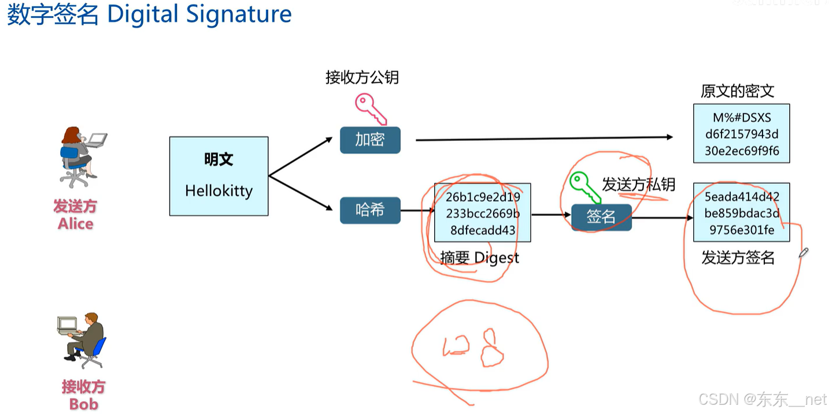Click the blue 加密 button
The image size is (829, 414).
pyautogui.click(x=370, y=140)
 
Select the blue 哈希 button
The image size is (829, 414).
pyautogui.click(x=370, y=210)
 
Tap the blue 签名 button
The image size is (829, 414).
pyautogui.click(x=601, y=217)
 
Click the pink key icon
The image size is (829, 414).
pyautogui.click(x=370, y=109)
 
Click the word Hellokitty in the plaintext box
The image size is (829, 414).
pyautogui.click(x=219, y=191)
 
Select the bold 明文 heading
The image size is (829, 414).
pyautogui.click(x=219, y=159)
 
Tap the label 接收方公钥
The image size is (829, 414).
pyautogui.click(x=362, y=77)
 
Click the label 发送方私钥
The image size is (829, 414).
pyautogui.click(x=639, y=184)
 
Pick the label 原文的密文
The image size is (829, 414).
pyautogui.click(x=737, y=91)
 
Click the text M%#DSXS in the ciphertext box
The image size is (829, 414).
pyautogui.click(x=742, y=118)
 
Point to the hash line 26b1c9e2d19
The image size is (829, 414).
pyautogui.click(x=483, y=197)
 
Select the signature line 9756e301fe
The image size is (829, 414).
pyautogui.click(x=742, y=230)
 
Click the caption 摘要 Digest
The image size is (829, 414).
pyautogui.click(x=479, y=258)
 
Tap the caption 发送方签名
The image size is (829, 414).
pyautogui.click(x=738, y=258)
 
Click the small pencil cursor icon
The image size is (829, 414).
pyautogui.click(x=803, y=252)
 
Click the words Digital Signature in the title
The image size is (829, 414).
pyautogui.click(x=199, y=15)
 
